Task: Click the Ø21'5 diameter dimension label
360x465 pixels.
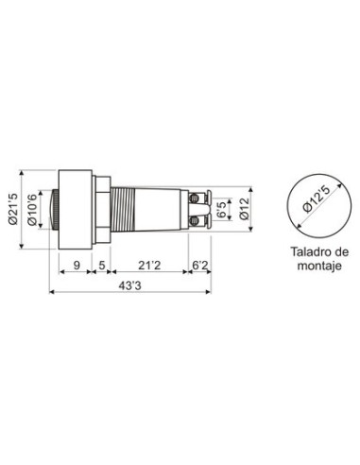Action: click(x=13, y=209)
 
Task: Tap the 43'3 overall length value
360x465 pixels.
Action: click(x=130, y=285)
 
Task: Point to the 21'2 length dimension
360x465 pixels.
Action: click(x=149, y=266)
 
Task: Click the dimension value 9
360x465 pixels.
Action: click(x=77, y=266)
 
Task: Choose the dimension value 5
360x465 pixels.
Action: click(x=102, y=266)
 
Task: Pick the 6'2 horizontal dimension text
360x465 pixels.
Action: click(x=200, y=266)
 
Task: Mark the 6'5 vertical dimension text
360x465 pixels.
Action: click(x=222, y=210)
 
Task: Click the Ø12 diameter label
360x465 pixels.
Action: click(x=244, y=210)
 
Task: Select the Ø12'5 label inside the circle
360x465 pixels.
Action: click(x=317, y=198)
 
